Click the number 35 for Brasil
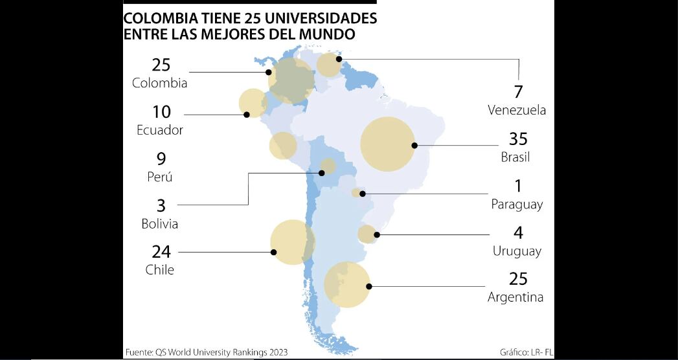click(518, 139)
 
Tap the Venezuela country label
click(517, 110)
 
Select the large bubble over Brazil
click(387, 144)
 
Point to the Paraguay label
click(517, 205)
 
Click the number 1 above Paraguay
click(518, 186)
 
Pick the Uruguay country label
click(517, 251)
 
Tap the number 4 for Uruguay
click(518, 232)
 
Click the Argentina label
click(515, 297)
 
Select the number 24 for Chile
click(161, 251)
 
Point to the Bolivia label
click(160, 224)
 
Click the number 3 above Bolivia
click(161, 206)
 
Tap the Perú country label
click(160, 177)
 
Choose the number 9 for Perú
click(161, 159)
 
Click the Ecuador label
click(160, 130)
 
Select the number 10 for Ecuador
click(161, 112)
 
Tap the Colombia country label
click(160, 84)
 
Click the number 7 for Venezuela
click(518, 92)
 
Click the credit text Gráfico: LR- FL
click(526, 353)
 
